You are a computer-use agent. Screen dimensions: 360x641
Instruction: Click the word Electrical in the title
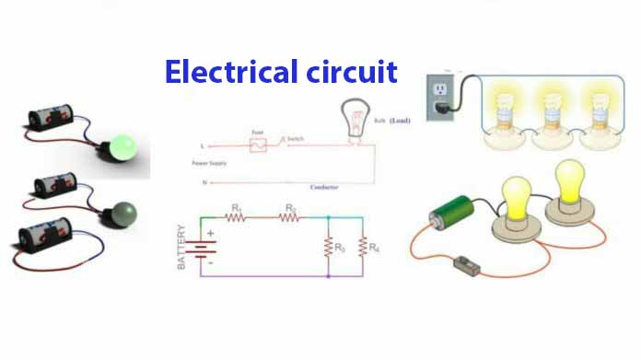tap(221, 71)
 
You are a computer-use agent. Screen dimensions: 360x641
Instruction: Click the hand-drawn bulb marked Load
tap(354, 119)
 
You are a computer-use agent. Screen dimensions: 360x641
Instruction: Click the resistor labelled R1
tap(238, 218)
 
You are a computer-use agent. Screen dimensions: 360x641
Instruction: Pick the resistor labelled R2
tap(290, 218)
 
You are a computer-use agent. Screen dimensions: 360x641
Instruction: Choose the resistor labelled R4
tap(363, 246)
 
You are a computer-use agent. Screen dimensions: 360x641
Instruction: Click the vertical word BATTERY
tap(184, 247)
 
